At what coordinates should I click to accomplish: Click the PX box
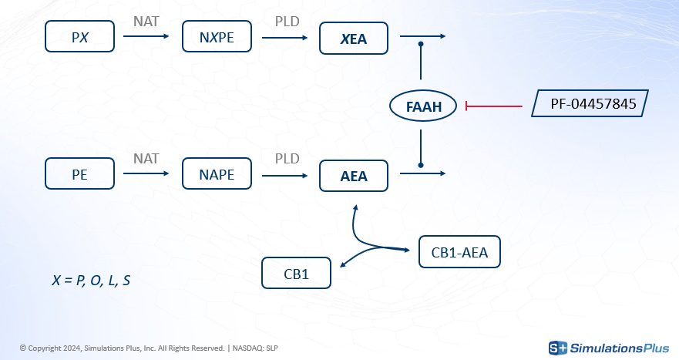click(80, 36)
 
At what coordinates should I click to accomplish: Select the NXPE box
click(217, 36)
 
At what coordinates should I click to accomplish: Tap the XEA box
click(355, 37)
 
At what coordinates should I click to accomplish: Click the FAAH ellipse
click(424, 106)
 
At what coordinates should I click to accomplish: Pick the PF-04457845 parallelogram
click(590, 103)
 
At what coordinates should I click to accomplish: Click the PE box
click(80, 173)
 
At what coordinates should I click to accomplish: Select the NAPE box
click(217, 173)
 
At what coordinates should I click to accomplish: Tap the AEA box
click(355, 175)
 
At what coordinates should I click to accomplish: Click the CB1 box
click(297, 273)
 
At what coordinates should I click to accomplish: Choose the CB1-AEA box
click(459, 251)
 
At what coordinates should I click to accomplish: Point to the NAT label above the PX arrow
click(146, 21)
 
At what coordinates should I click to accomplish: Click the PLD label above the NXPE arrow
click(287, 21)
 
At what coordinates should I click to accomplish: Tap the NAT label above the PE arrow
click(146, 158)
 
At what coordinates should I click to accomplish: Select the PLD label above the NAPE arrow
click(287, 158)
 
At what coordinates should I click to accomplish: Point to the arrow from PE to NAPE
click(146, 174)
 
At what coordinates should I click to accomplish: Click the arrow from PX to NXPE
click(146, 36)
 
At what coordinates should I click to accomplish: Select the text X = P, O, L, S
click(91, 281)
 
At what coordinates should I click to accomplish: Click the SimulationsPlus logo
click(608, 348)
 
